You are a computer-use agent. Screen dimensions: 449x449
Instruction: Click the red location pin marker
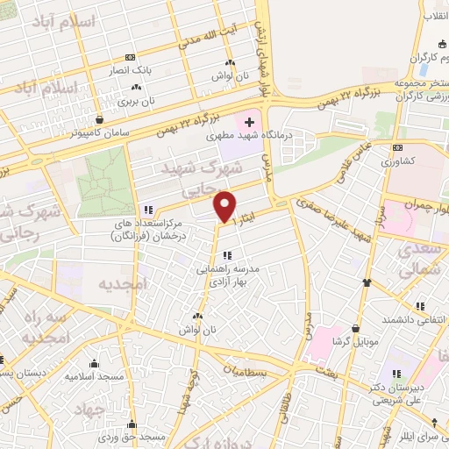[x=224, y=206]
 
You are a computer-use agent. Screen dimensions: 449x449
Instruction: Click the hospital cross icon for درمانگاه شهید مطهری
[x=249, y=121]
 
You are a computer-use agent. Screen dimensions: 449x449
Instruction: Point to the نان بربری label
[x=136, y=100]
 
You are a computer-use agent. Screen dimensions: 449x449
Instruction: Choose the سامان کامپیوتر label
[x=104, y=133]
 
